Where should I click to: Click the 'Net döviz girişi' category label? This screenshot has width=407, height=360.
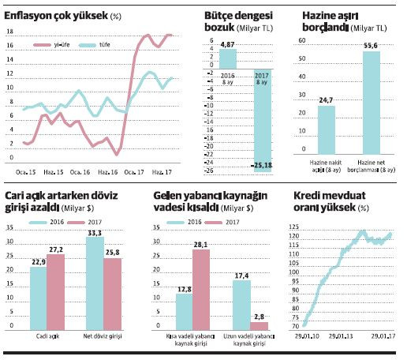click(103, 334)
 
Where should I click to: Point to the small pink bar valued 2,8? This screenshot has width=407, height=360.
click(260, 324)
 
